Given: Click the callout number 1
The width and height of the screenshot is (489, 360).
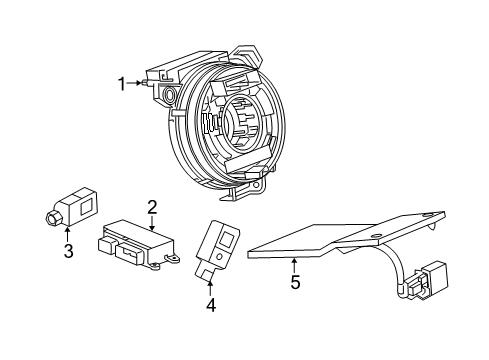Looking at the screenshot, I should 123,85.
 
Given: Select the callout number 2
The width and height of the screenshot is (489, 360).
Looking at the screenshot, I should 152,208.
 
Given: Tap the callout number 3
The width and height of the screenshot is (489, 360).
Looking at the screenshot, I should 68,251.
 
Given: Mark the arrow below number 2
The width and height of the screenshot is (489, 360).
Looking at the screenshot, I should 152,225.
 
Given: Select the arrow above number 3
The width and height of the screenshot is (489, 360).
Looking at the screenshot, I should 68,234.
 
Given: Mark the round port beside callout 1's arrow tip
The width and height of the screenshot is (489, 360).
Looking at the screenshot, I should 167,97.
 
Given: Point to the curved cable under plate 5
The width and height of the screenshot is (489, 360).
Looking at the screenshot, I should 399,262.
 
